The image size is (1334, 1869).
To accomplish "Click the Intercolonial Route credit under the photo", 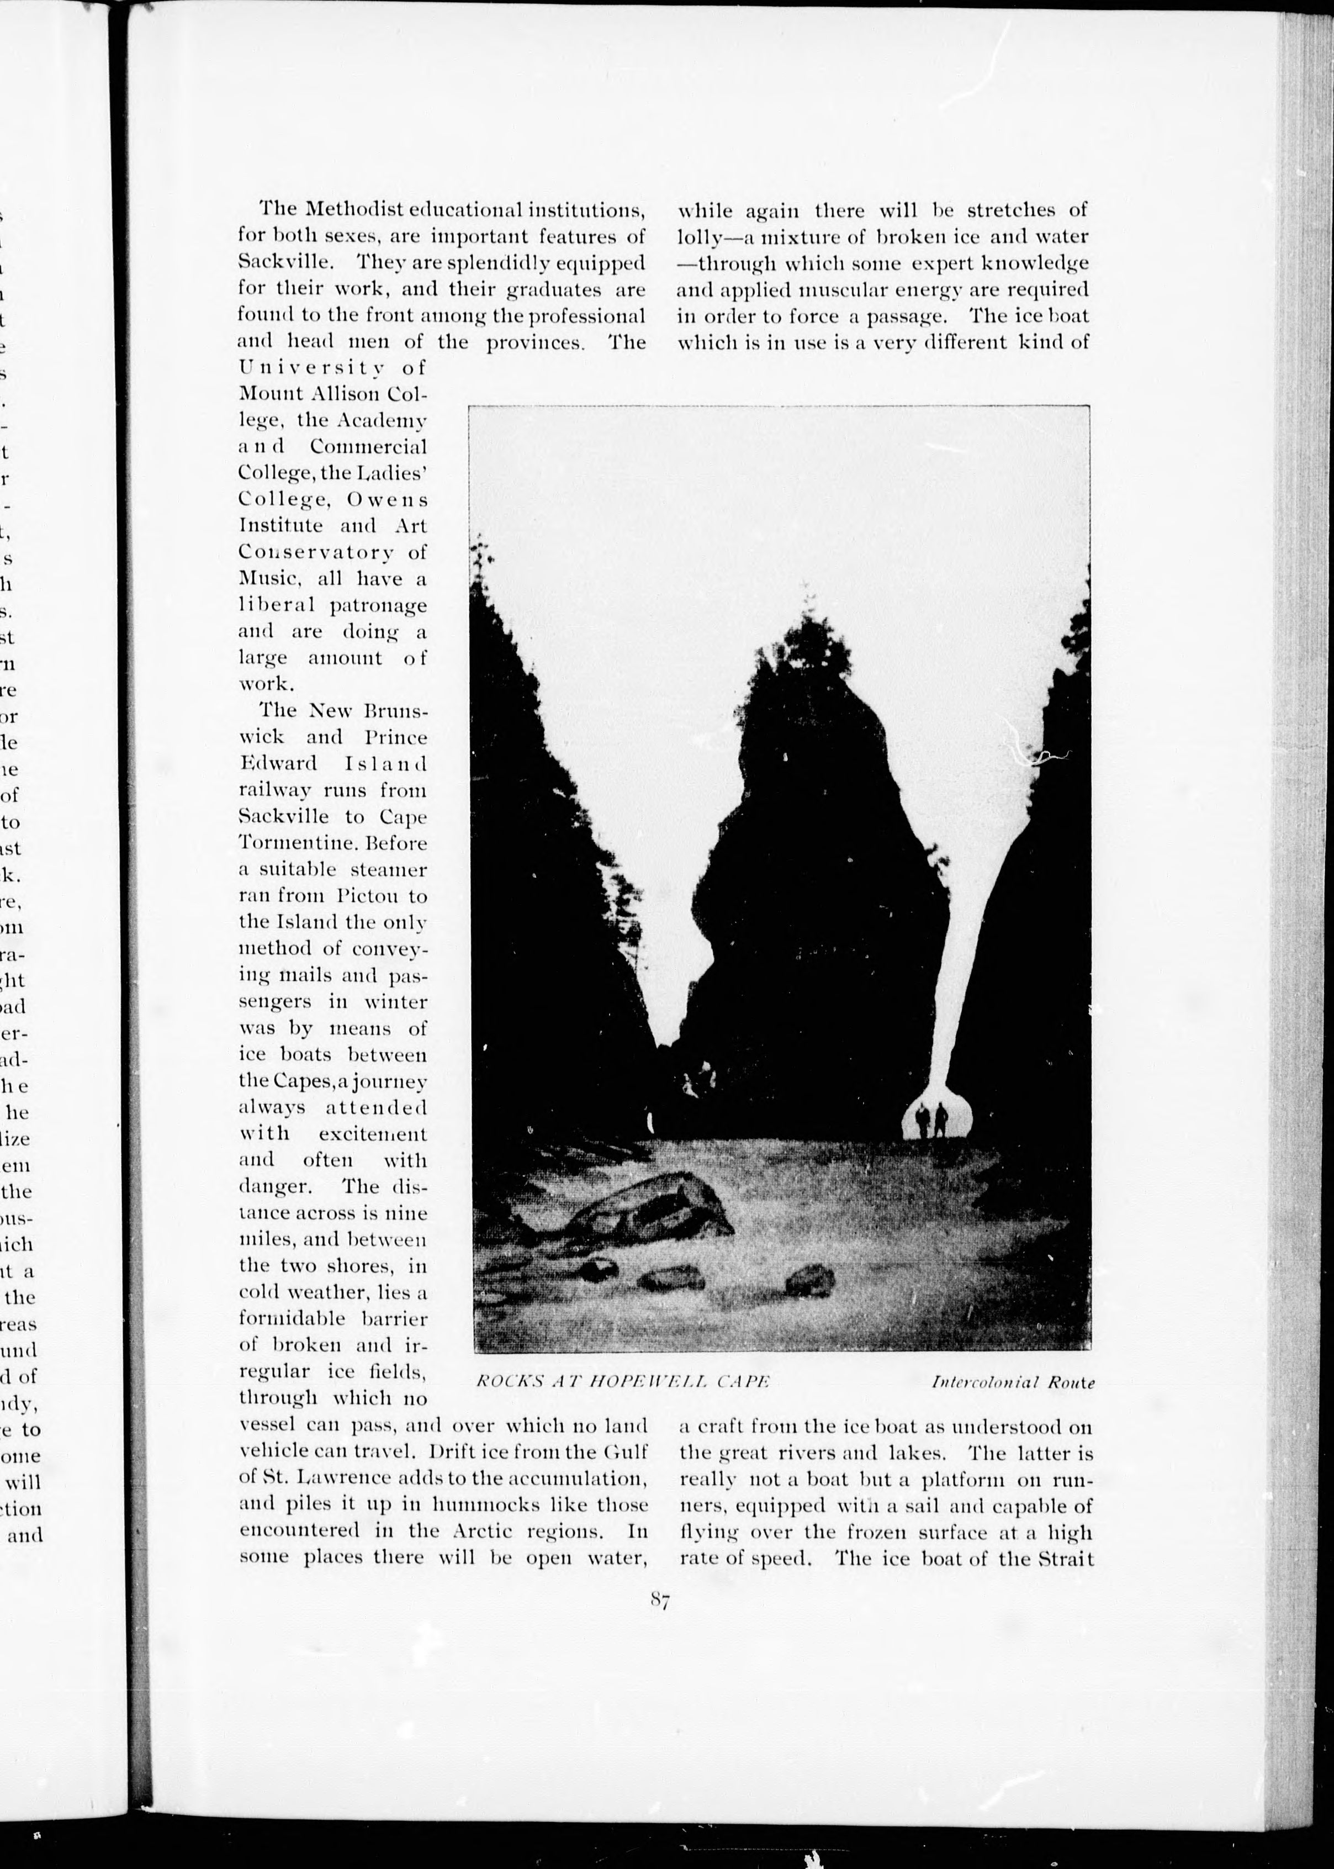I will [1013, 1382].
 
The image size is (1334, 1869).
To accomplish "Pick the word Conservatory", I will [314, 552].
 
